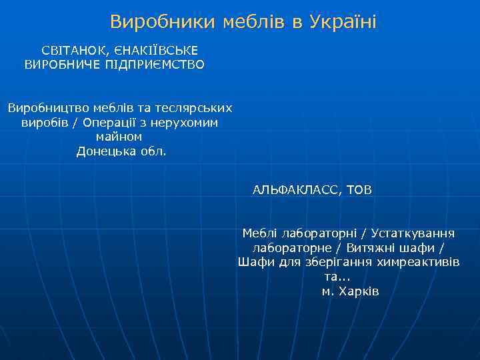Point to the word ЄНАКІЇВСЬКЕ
tap(155, 51)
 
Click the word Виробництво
tap(51, 108)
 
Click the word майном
tap(119, 137)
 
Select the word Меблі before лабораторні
tap(261, 233)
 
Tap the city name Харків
tap(359, 291)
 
